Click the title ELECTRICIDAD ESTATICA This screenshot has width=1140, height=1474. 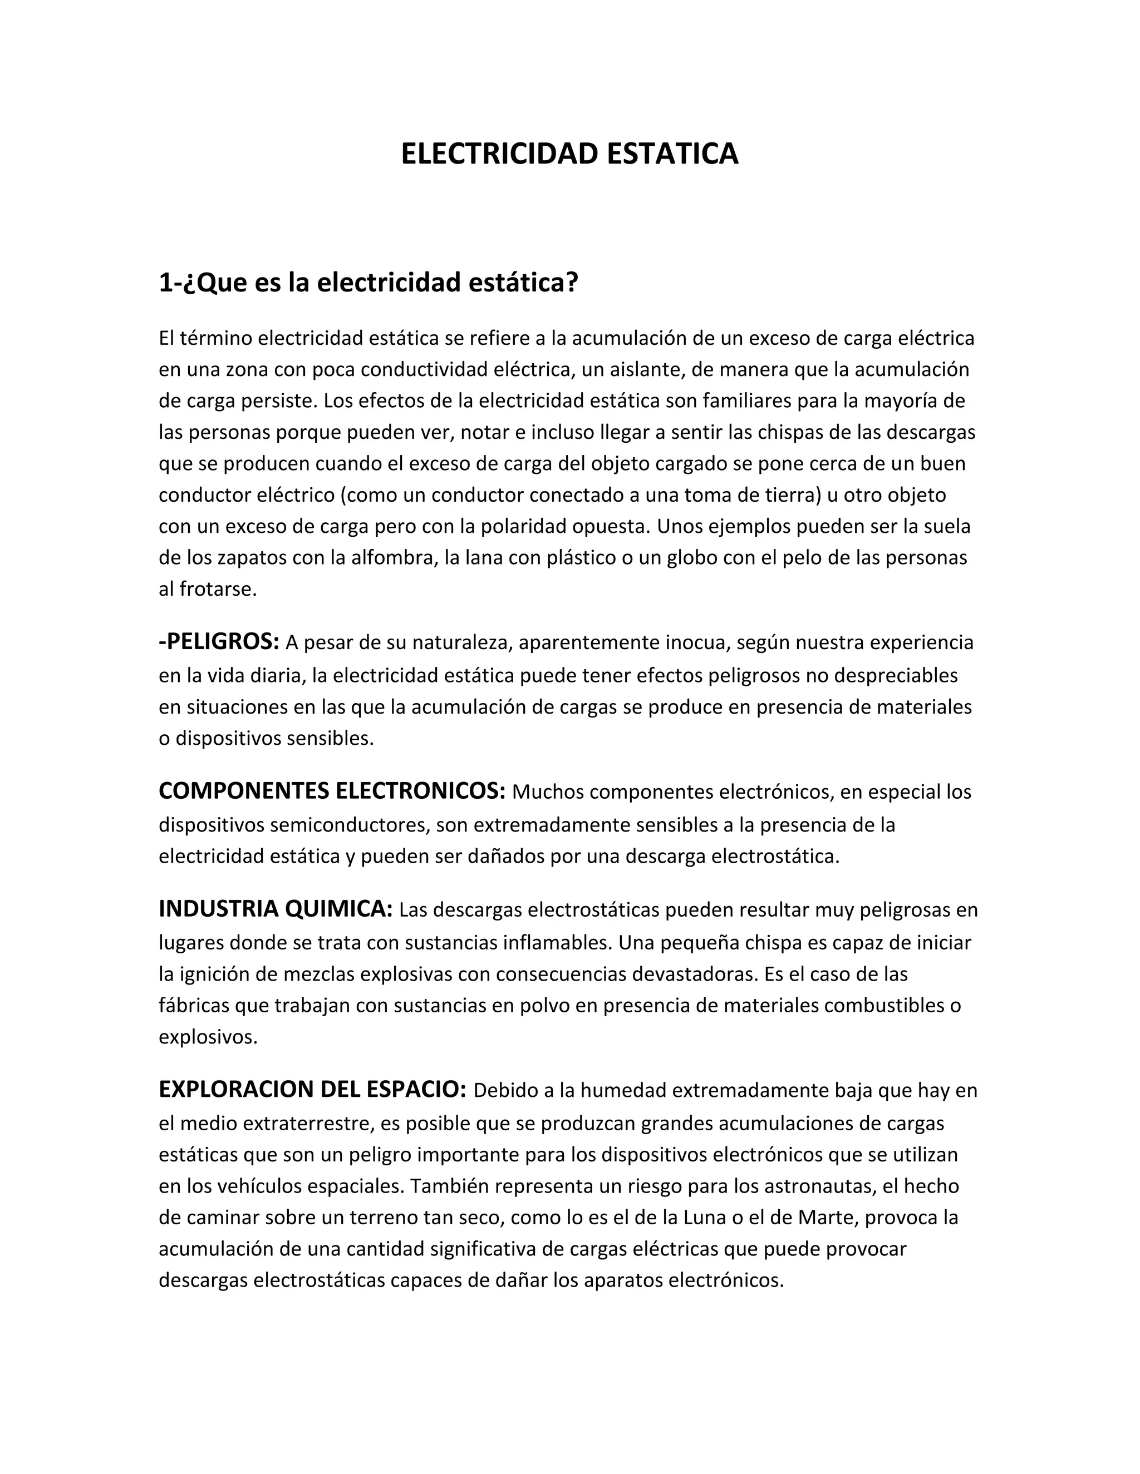click(569, 154)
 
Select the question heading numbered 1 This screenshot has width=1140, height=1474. click(368, 282)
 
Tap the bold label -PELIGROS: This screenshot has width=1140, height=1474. click(219, 642)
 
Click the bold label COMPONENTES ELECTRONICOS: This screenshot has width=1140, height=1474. click(332, 790)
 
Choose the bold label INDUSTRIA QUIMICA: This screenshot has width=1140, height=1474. click(276, 908)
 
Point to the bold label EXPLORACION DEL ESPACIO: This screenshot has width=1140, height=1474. click(312, 1089)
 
